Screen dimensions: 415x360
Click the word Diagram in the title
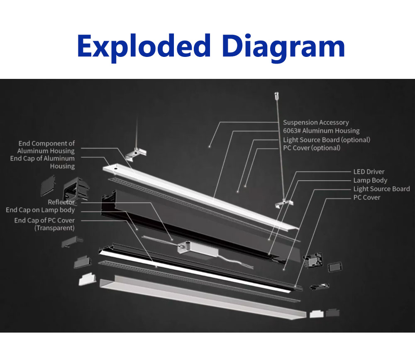pos(283,48)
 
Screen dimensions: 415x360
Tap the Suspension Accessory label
pos(316,122)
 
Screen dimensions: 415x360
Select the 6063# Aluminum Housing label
pos(321,131)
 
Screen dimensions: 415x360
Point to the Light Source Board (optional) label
pos(327,140)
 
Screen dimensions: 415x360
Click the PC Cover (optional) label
pos(312,148)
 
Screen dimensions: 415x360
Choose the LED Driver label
pos(369,171)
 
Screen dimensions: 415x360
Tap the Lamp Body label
pos(370,180)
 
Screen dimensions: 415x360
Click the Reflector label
pos(61,202)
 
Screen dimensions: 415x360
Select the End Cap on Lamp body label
pos(40,210)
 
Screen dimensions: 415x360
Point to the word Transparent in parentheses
pos(55,228)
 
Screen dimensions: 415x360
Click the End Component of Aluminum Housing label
pos(46,147)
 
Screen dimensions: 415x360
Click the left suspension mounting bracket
pos(136,154)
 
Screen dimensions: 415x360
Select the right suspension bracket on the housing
pos(284,203)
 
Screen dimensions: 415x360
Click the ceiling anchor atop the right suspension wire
pos(276,95)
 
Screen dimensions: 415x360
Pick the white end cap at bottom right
pos(317,314)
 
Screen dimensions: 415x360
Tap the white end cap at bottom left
pos(87,279)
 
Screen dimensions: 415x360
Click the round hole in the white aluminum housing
pos(115,168)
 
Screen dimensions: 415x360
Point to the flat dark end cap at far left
pos(48,186)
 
